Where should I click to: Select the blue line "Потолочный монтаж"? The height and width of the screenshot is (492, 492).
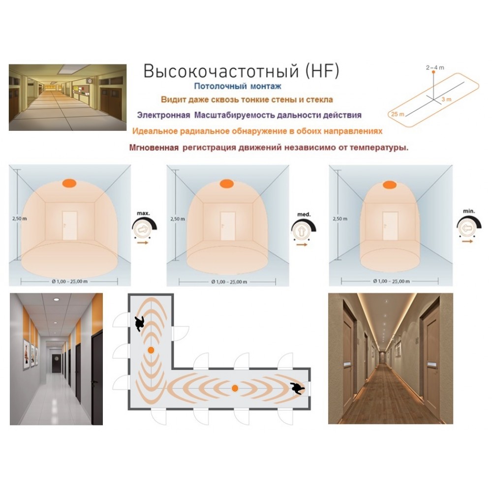click(x=238, y=86)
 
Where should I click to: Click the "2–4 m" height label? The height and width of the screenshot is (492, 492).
click(x=435, y=67)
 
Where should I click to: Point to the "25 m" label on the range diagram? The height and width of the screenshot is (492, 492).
click(x=398, y=114)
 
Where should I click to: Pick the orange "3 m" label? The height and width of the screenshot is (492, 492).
click(x=447, y=99)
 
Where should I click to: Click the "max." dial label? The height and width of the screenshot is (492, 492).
click(x=143, y=214)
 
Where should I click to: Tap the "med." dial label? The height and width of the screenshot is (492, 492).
click(x=304, y=215)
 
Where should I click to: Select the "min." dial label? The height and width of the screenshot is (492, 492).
click(x=469, y=211)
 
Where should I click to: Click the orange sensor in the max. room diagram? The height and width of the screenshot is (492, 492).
click(x=69, y=183)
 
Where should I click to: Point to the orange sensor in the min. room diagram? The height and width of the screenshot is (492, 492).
click(x=389, y=185)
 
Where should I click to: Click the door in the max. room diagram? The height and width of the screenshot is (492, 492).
click(x=70, y=226)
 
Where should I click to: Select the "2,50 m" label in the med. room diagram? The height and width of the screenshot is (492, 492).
click(x=178, y=219)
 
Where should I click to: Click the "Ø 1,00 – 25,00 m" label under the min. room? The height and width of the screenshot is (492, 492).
click(x=391, y=281)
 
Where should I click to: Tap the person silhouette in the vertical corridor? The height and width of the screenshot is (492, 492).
click(x=139, y=324)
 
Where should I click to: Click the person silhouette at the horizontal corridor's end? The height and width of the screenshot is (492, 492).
click(x=297, y=389)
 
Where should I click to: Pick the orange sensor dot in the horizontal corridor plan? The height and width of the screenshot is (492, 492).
click(x=235, y=389)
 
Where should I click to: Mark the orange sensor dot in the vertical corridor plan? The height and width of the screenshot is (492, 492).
click(x=151, y=350)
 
